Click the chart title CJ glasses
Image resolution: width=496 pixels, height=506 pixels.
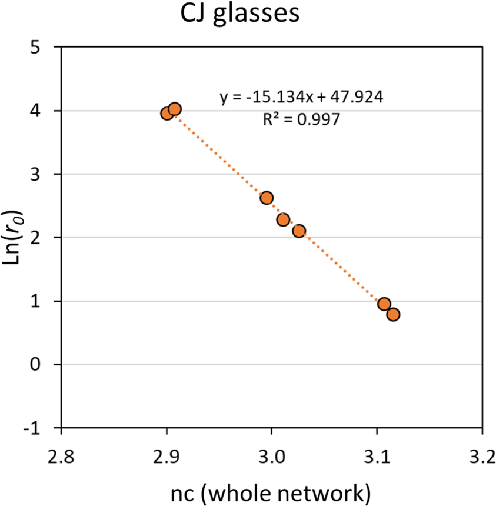pos(241,15)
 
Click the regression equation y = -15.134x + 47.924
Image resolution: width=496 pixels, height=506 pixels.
pos(302,98)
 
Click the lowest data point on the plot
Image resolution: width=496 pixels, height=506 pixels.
pos(393,314)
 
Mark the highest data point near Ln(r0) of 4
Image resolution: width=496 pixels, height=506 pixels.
pos(175,109)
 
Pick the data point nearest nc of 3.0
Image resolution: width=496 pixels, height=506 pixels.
pos(267,198)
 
